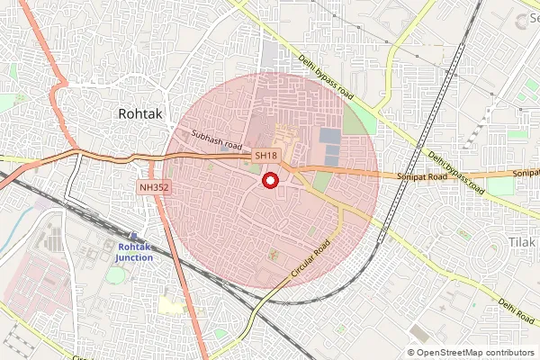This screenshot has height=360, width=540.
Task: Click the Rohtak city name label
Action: pyautogui.click(x=141, y=114)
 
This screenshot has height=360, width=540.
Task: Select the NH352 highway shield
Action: pyautogui.click(x=155, y=187)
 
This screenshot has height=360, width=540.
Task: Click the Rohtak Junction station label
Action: pyautogui.click(x=133, y=252)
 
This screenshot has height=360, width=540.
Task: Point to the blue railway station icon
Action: pyautogui.click(x=133, y=237)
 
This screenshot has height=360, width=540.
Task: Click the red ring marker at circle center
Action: pyautogui.click(x=269, y=182)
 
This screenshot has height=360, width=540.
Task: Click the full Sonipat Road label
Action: pyautogui.click(x=421, y=178)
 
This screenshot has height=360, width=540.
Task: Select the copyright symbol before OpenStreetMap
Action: pyautogui.click(x=412, y=353)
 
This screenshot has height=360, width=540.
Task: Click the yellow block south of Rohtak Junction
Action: pyautogui.click(x=171, y=304)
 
